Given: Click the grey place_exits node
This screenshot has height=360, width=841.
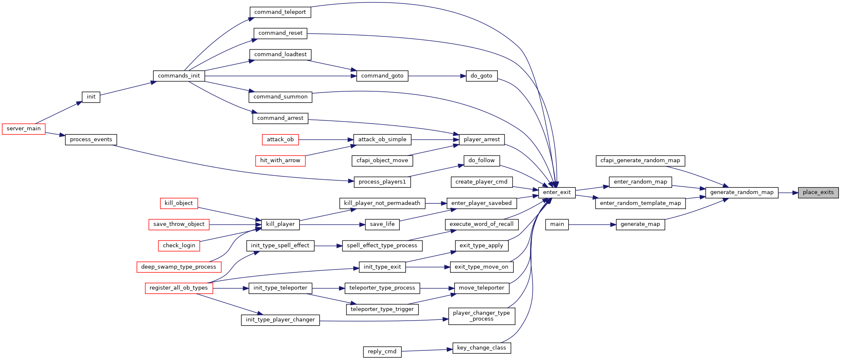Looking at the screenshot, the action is pyautogui.click(x=818, y=192).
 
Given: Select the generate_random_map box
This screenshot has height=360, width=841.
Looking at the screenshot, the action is pyautogui.click(x=742, y=192).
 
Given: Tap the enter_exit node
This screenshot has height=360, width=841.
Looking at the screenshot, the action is pyautogui.click(x=557, y=192).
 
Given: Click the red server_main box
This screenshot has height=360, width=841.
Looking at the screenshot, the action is pyautogui.click(x=23, y=129).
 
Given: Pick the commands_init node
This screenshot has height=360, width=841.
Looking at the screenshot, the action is pyautogui.click(x=179, y=76).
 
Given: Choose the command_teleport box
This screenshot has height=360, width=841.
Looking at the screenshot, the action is pyautogui.click(x=280, y=12).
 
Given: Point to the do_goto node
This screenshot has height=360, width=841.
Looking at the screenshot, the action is pyautogui.click(x=481, y=76).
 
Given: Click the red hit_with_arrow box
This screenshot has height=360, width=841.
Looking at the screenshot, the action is pyautogui.click(x=280, y=161).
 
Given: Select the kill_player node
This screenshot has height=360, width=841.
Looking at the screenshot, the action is pyautogui.click(x=280, y=224).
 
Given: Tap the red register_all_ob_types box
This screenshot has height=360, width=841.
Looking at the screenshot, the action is pyautogui.click(x=179, y=288).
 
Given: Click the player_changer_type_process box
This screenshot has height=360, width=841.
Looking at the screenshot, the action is pyautogui.click(x=481, y=316).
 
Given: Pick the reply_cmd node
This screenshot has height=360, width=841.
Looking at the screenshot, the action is pyautogui.click(x=382, y=352).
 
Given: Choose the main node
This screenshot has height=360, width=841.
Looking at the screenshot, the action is pyautogui.click(x=557, y=224).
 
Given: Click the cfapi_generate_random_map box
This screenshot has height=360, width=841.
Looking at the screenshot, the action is pyautogui.click(x=640, y=161).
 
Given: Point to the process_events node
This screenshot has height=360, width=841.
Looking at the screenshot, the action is pyautogui.click(x=91, y=140).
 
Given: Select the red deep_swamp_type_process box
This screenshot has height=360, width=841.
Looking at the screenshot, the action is pyautogui.click(x=179, y=267).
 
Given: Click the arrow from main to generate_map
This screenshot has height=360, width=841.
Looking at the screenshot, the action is pyautogui.click(x=592, y=225).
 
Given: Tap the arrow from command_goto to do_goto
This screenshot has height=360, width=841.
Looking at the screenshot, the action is pyautogui.click(x=437, y=76).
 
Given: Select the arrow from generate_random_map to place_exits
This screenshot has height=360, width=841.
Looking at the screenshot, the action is pyautogui.click(x=788, y=193).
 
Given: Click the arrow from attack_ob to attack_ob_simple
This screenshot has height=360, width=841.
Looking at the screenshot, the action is pyautogui.click(x=326, y=140).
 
